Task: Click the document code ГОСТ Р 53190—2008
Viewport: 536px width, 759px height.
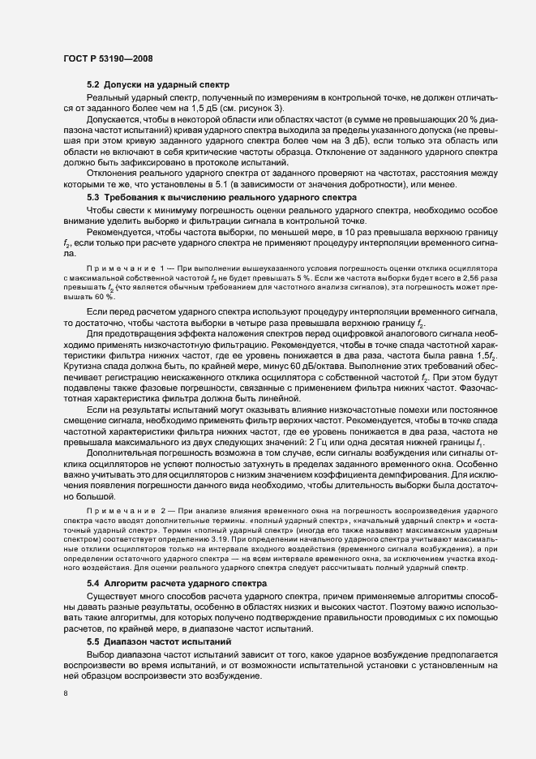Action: click(107, 58)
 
